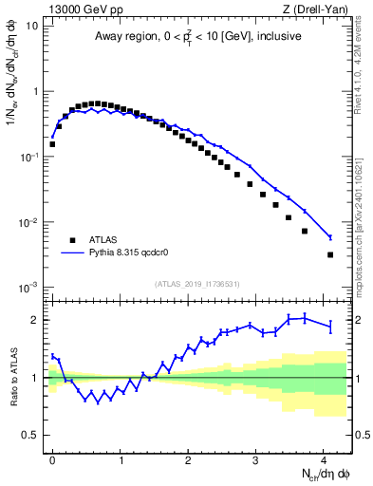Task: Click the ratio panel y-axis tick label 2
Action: pos(34,320)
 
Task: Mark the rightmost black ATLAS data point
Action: pos(330,254)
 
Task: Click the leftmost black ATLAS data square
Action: pos(52,144)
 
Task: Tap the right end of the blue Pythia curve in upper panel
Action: pos(330,237)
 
